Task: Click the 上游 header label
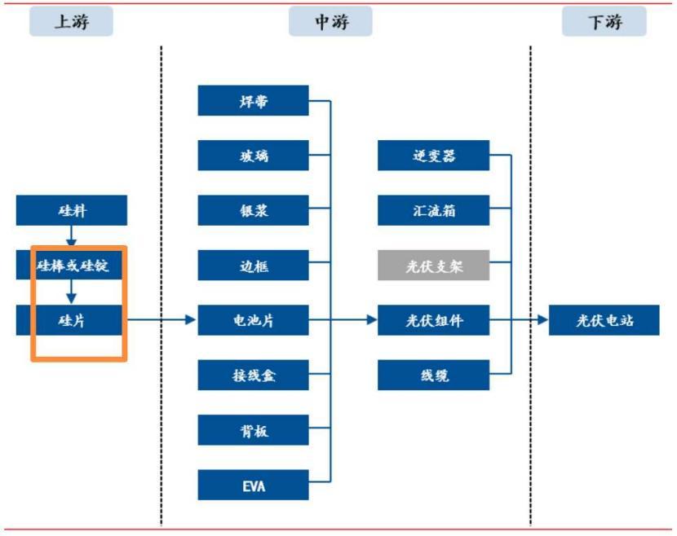(x=71, y=22)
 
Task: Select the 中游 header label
(x=330, y=22)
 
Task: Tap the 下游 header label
(x=604, y=22)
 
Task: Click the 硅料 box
(x=72, y=211)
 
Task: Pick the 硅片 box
(x=72, y=320)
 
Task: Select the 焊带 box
(x=254, y=101)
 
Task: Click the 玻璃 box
(x=254, y=156)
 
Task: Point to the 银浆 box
(x=254, y=210)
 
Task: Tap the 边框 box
(x=254, y=266)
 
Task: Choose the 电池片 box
(x=254, y=320)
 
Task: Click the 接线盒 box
(x=254, y=376)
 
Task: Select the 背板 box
(x=254, y=430)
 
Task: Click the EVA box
(x=254, y=485)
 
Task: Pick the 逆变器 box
(x=433, y=156)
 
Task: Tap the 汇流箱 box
(x=433, y=210)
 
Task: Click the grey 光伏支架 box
(x=433, y=266)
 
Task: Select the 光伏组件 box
(x=433, y=320)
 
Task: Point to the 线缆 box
(x=433, y=376)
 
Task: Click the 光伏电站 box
(x=604, y=320)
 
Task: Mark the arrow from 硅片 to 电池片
(x=163, y=320)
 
